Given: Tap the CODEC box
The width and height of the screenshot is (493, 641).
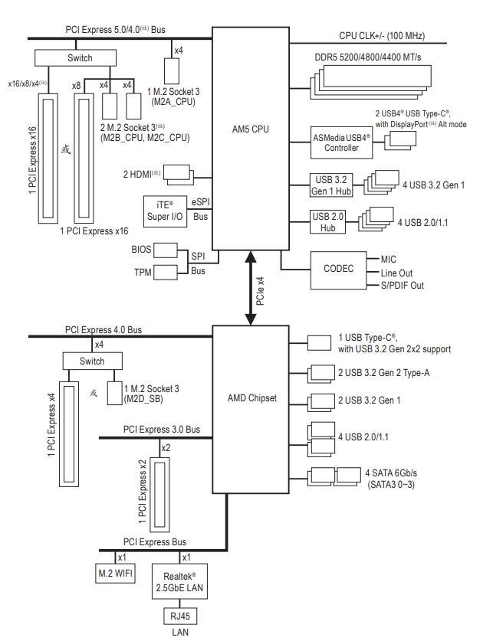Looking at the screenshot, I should pyautogui.click(x=338, y=269).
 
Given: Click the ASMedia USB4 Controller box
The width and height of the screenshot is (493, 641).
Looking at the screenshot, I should pyautogui.click(x=341, y=142).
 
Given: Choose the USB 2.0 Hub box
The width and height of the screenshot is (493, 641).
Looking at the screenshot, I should pyautogui.click(x=328, y=222).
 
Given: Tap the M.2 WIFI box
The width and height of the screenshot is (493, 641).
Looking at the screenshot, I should pyautogui.click(x=116, y=572).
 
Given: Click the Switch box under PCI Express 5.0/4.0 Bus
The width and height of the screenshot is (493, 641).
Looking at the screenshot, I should pyautogui.click(x=79, y=57).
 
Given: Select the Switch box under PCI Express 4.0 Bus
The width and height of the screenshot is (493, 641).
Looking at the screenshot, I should pyautogui.click(x=92, y=361).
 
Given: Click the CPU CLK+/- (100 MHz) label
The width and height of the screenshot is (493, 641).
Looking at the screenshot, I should pyautogui.click(x=382, y=36).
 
